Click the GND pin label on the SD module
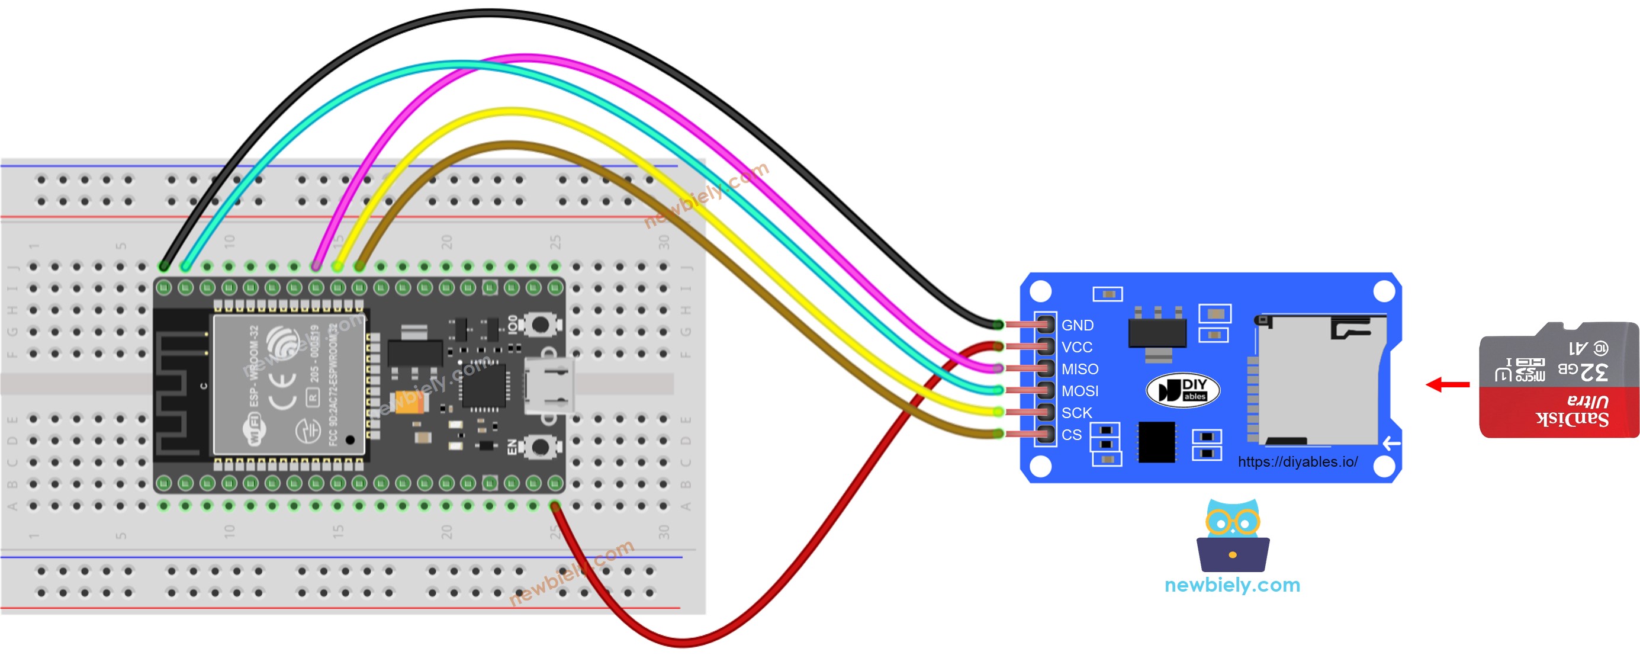click(x=1077, y=325)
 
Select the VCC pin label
click(x=1076, y=348)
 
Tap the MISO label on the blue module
click(x=1080, y=369)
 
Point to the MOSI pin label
click(x=1080, y=391)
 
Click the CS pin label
click(x=1072, y=435)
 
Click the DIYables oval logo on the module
click(x=1183, y=390)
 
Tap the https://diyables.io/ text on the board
click(x=1297, y=462)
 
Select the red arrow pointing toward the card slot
click(x=1448, y=384)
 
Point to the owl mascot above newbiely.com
click(x=1233, y=535)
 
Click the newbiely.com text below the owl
click(x=1232, y=585)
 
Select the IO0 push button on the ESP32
click(x=540, y=325)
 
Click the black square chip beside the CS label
click(x=1156, y=442)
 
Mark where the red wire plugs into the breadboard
click(x=555, y=508)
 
